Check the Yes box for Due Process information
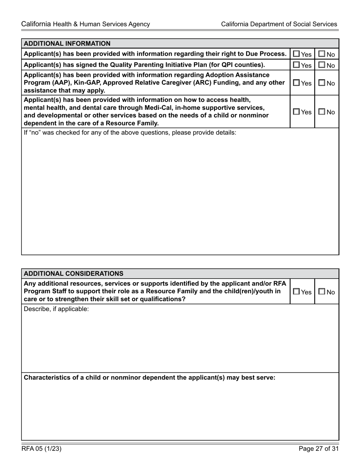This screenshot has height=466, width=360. [297, 54]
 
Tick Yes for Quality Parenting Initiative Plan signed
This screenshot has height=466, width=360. [297, 65]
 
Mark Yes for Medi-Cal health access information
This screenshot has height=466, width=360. [297, 112]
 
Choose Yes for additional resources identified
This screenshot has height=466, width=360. [297, 292]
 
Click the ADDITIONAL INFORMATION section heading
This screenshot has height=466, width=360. [67, 44]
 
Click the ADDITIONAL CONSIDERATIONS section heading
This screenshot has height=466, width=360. [74, 274]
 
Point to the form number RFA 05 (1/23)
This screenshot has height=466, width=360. [41, 449]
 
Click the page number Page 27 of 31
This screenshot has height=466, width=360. [318, 449]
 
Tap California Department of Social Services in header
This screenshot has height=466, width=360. [279, 24]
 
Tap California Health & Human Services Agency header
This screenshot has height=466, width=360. [86, 24]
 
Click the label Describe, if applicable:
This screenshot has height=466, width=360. [56, 309]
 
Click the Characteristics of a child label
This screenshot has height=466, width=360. [150, 378]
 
